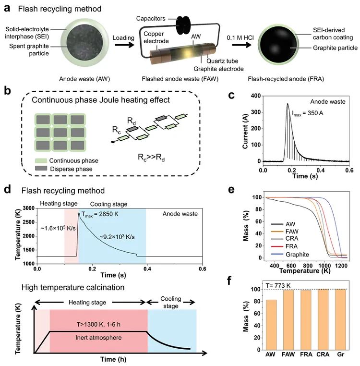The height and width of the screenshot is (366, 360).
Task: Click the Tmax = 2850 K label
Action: (x=103, y=214)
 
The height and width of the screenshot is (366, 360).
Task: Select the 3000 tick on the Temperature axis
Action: (x=27, y=208)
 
